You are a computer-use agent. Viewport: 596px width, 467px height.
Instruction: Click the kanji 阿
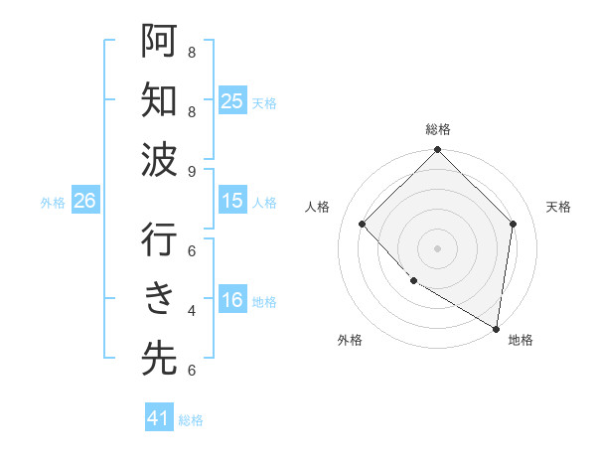[x=159, y=43]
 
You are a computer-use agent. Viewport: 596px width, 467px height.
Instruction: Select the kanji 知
[x=159, y=101]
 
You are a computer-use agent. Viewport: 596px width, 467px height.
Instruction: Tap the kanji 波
[x=159, y=159]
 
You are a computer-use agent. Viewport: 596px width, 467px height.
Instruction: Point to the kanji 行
[x=159, y=240]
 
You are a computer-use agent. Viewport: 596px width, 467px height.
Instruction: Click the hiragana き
[x=159, y=299]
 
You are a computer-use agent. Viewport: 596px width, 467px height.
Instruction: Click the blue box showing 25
[x=232, y=101]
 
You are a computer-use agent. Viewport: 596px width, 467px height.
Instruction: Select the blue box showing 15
[x=232, y=201]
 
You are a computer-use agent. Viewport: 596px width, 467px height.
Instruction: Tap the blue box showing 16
[x=232, y=301]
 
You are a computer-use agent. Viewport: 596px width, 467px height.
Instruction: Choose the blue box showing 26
[x=84, y=201]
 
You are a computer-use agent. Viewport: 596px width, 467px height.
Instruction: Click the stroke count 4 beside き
[x=192, y=310]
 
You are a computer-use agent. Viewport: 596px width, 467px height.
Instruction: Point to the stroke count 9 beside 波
[x=192, y=171]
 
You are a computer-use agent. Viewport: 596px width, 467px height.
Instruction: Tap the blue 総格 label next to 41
[x=191, y=420]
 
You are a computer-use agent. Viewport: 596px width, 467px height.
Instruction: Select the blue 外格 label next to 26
[x=53, y=203]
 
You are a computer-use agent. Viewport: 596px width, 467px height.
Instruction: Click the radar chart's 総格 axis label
[x=438, y=129]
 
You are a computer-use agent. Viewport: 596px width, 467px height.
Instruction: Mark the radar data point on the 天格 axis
[x=514, y=224]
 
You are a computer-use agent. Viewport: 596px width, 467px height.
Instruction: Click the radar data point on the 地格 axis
[x=496, y=328]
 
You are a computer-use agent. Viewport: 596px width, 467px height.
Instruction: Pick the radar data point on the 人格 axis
[x=363, y=224]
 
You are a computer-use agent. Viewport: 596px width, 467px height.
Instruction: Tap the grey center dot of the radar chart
[x=438, y=247]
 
